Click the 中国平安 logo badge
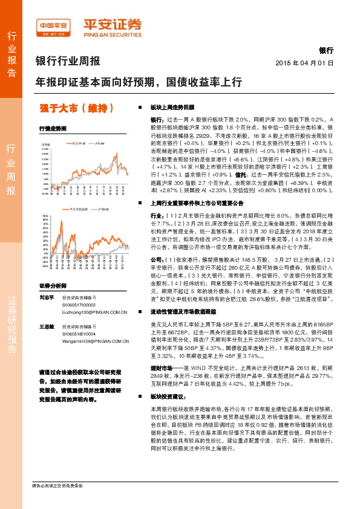pyautogui.click(x=52, y=26)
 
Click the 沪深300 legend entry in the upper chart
pyautogui.click(x=100, y=144)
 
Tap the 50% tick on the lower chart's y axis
pyautogui.click(x=45, y=215)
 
